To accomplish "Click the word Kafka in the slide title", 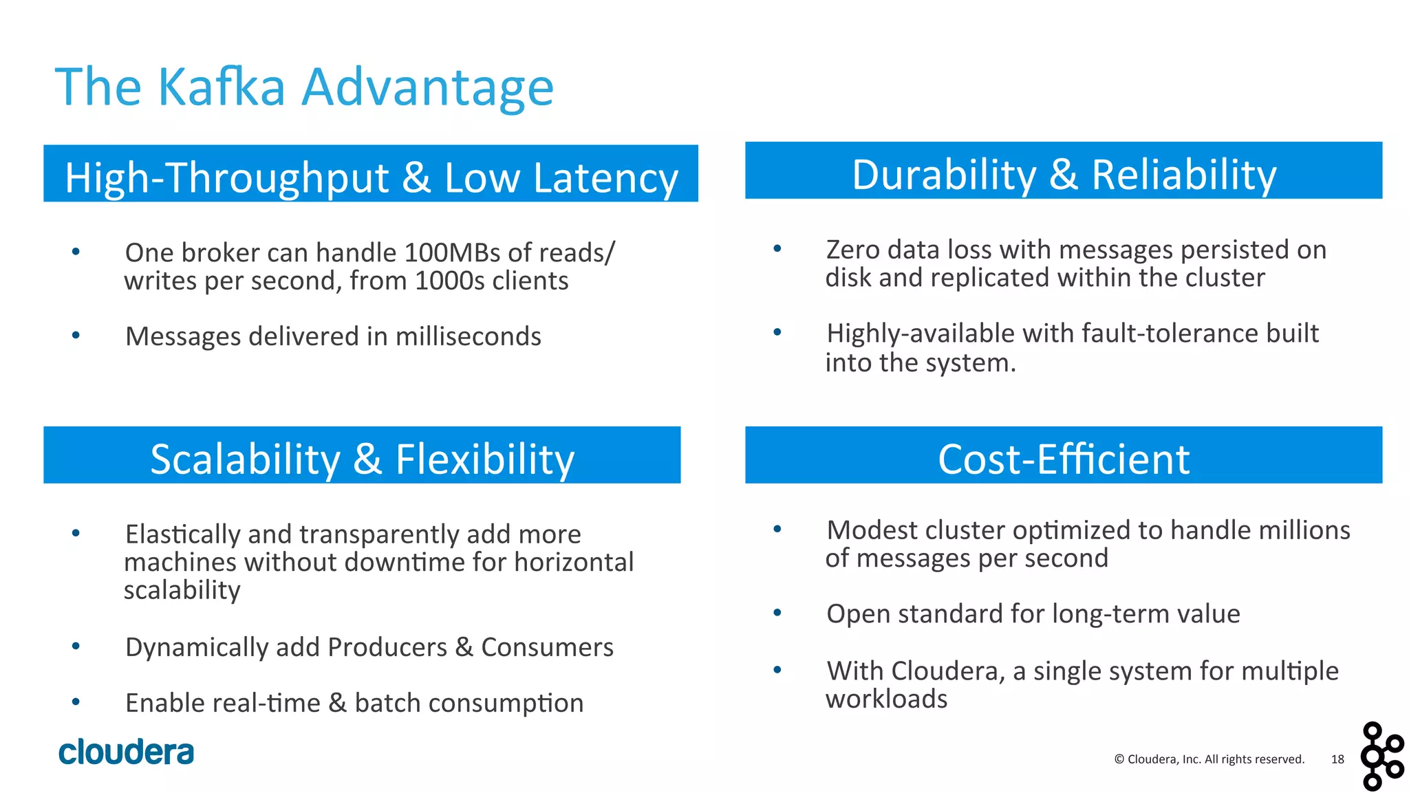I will pos(222,87).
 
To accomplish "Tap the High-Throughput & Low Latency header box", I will pos(370,173).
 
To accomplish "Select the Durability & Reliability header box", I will pos(1063,171).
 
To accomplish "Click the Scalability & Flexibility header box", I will pos(362,455).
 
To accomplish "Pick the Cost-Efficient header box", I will pos(1063,455).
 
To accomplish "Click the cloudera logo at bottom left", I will pos(127,752).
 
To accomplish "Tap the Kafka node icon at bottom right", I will pos(1381,756).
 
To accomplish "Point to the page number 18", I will pos(1337,759).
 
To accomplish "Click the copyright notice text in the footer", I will pos(1209,759).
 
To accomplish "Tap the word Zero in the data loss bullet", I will pos(852,250).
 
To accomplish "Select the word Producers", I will pos(387,647).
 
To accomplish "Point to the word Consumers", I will pos(547,647).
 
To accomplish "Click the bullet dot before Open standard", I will pos(777,613).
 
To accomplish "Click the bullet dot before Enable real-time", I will pos(76,702).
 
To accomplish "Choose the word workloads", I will pos(886,699).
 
